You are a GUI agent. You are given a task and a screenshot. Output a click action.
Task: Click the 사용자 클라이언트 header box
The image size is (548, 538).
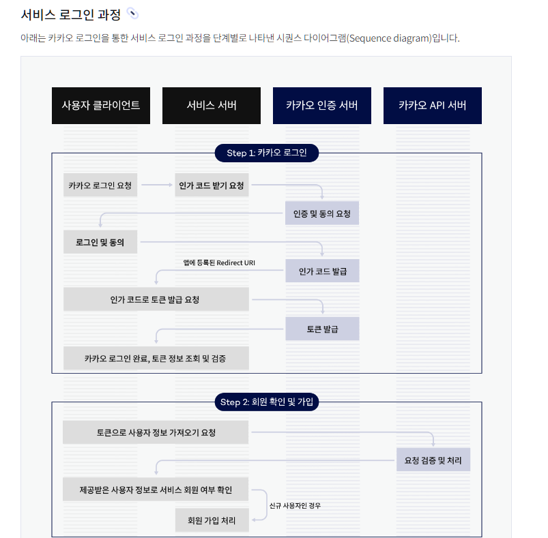(101, 106)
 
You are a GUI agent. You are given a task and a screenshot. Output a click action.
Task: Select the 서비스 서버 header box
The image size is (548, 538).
(212, 106)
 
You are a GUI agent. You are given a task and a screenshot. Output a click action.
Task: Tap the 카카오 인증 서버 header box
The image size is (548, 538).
(322, 106)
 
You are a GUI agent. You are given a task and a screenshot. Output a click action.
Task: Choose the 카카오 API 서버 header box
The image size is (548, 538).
(433, 106)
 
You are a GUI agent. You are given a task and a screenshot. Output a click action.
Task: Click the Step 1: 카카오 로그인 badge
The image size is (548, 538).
(267, 153)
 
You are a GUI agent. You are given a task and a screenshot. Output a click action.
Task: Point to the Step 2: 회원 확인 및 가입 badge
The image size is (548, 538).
(267, 402)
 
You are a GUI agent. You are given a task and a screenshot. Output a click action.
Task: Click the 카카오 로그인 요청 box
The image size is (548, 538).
(100, 185)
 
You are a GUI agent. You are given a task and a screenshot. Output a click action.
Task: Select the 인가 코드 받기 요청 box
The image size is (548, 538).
(212, 185)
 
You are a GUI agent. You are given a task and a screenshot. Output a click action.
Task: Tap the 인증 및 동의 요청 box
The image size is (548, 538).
(322, 213)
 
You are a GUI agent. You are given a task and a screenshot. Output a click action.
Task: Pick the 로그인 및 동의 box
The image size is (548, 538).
(100, 242)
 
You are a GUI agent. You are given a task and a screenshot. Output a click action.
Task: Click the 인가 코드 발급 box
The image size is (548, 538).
(322, 271)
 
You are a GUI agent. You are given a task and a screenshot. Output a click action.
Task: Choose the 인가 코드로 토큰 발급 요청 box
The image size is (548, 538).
(156, 299)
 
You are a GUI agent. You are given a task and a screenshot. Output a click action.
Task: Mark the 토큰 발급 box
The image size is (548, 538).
(322, 329)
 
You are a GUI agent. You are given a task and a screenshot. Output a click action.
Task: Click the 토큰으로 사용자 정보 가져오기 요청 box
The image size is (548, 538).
(156, 432)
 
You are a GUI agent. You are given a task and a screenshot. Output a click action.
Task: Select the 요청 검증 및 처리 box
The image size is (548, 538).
(433, 460)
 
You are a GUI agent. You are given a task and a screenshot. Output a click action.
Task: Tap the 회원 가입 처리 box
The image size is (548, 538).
(212, 520)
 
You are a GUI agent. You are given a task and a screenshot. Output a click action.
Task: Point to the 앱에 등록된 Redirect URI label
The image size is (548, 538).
(219, 263)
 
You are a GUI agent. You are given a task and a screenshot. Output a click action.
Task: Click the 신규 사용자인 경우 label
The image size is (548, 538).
(295, 505)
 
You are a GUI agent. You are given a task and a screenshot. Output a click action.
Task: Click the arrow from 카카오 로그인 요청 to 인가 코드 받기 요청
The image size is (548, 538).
(156, 185)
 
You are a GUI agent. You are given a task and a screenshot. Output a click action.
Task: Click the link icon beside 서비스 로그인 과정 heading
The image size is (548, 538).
(132, 14)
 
